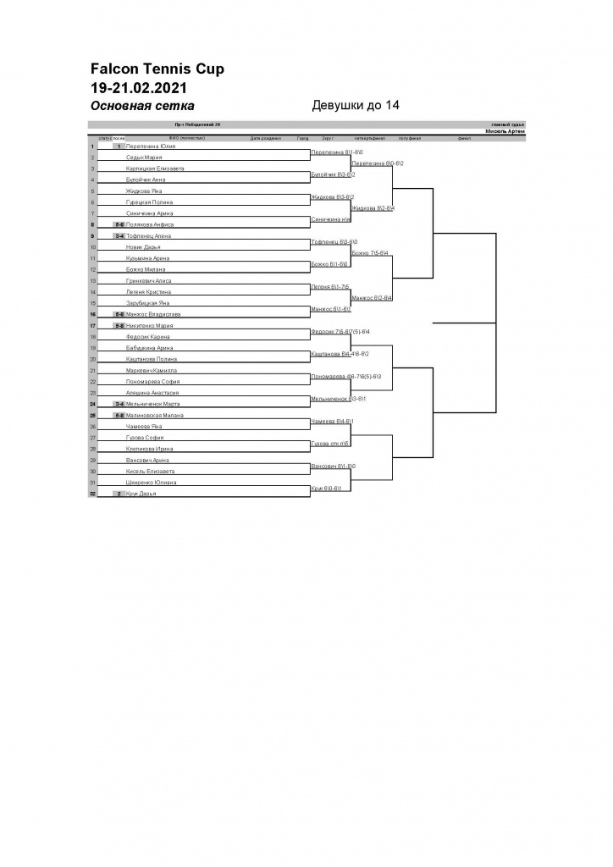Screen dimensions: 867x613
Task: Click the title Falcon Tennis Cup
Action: tap(157, 69)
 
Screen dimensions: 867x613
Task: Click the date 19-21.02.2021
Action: tap(139, 87)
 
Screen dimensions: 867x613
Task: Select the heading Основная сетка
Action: tap(142, 106)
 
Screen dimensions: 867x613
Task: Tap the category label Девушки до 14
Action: tap(356, 106)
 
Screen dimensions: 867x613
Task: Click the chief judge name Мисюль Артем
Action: tap(505, 131)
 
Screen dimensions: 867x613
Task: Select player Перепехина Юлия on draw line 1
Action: tap(151, 146)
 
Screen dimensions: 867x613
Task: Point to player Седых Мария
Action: tap(144, 157)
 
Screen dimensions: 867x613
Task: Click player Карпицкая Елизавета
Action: tap(155, 168)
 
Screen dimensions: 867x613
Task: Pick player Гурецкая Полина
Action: tap(150, 202)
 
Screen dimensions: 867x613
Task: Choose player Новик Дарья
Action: tap(144, 247)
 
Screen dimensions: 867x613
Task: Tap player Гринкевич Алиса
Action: tap(148, 280)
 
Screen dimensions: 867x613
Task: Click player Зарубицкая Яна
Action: tap(148, 303)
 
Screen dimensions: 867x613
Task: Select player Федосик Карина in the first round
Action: tap(148, 337)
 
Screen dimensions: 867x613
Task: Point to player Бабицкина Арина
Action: tap(149, 348)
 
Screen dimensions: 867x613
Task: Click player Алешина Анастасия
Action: tap(152, 393)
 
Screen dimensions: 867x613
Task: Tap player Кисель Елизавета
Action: tap(151, 471)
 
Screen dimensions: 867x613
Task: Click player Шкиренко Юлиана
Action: tap(151, 482)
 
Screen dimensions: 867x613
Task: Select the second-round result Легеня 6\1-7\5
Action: tap(330, 287)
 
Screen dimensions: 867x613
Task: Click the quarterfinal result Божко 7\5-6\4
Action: tap(370, 253)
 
